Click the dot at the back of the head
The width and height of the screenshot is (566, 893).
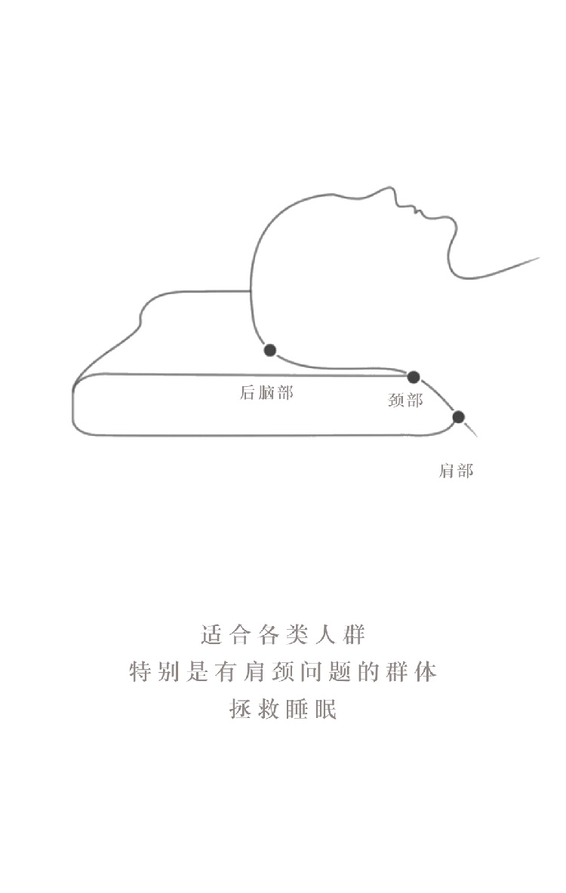[x=269, y=350]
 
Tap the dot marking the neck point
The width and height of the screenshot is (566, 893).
[x=413, y=377]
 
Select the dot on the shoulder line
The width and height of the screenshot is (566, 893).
[x=458, y=417]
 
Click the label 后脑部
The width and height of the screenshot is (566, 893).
[x=266, y=392]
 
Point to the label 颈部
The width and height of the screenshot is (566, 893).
[x=405, y=400]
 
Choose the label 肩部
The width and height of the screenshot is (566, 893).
[x=456, y=471]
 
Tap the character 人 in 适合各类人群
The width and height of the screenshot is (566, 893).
[x=326, y=634]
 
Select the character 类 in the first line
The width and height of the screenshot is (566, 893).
[x=297, y=634]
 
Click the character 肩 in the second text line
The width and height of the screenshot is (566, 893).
[x=255, y=671]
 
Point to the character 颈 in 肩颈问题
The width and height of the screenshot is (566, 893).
[x=284, y=671]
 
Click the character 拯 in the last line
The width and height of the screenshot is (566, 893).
[x=241, y=709]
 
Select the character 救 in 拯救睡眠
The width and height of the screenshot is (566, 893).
[x=269, y=709]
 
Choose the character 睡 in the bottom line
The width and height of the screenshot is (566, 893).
[x=297, y=709]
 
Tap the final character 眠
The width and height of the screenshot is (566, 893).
[x=326, y=709]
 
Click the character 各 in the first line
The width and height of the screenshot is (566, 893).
[x=269, y=634]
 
